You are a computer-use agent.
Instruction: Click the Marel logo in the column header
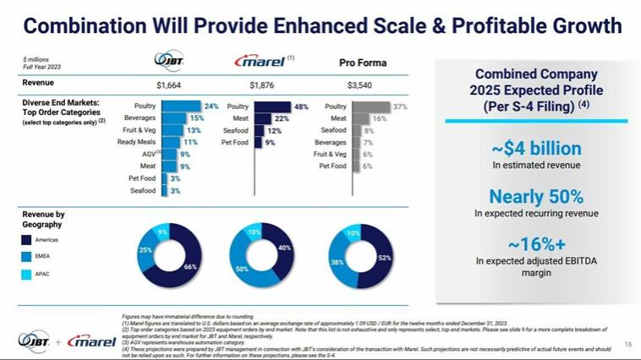(259, 63)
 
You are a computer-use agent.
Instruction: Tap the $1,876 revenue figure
(263, 85)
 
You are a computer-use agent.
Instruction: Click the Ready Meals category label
(136, 143)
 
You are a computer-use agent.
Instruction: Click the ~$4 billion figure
(536, 150)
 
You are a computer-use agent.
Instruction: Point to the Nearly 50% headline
(536, 197)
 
